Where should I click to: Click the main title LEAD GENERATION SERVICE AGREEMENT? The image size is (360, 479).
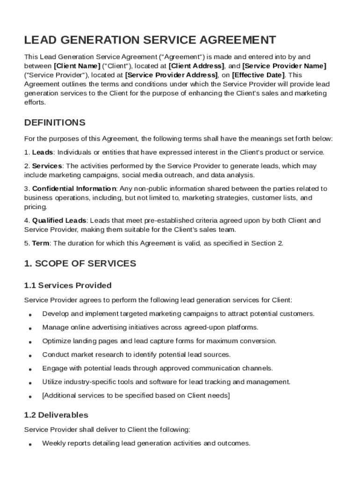pyautogui.click(x=150, y=40)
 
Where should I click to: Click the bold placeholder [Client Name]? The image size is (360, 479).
pyautogui.click(x=77, y=66)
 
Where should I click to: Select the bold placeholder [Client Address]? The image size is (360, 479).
pyautogui.click(x=196, y=66)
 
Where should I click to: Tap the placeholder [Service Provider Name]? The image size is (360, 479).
pyautogui.click(x=284, y=66)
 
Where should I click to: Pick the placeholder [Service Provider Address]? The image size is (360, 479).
pyautogui.click(x=172, y=75)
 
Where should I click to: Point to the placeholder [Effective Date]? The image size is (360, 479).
pyautogui.click(x=258, y=75)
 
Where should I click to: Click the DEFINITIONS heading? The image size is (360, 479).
pyautogui.click(x=55, y=123)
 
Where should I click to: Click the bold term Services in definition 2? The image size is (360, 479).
pyautogui.click(x=47, y=166)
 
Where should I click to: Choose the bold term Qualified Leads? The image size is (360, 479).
pyautogui.click(x=59, y=220)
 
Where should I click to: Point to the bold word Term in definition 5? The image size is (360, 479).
pyautogui.click(x=41, y=243)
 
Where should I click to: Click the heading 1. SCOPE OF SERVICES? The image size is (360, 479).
pyautogui.click(x=80, y=264)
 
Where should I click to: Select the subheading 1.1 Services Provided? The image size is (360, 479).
pyautogui.click(x=68, y=285)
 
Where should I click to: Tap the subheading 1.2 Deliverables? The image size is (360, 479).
pyautogui.click(x=56, y=415)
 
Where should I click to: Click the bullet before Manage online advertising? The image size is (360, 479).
pyautogui.click(x=30, y=328)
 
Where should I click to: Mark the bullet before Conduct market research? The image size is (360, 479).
pyautogui.click(x=30, y=356)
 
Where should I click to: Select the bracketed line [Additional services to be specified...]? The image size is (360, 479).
pyautogui.click(x=136, y=396)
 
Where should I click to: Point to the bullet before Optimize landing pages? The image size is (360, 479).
pyautogui.click(x=30, y=342)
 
